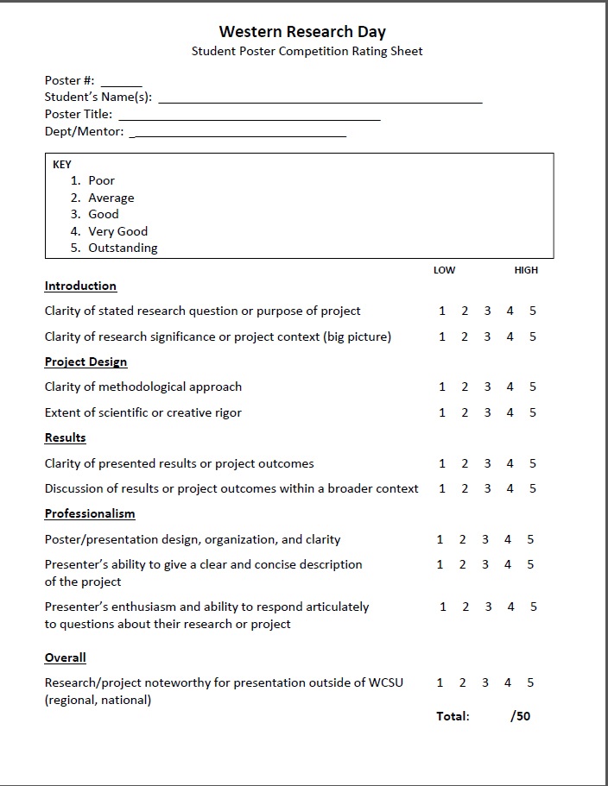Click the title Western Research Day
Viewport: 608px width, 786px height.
(x=301, y=32)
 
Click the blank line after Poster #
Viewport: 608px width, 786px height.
(x=125, y=85)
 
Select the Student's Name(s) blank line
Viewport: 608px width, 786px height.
(x=320, y=101)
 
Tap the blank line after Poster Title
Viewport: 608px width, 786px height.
(x=249, y=118)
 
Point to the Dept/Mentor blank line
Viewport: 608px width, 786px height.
(x=240, y=135)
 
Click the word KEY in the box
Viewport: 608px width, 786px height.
(x=62, y=164)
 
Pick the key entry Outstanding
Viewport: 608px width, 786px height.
(x=123, y=248)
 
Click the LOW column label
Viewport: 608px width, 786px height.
(x=444, y=270)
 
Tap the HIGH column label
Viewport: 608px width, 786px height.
(x=526, y=270)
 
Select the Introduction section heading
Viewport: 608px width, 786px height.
(x=80, y=286)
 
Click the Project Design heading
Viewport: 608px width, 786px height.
(x=85, y=362)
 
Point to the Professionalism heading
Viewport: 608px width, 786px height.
(x=90, y=513)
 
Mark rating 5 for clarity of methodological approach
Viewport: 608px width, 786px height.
(x=533, y=387)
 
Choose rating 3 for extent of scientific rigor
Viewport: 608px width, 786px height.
(x=487, y=412)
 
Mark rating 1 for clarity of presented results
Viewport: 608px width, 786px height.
(x=442, y=463)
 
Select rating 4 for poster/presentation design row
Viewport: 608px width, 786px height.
(x=508, y=539)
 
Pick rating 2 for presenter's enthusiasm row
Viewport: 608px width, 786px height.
(x=465, y=607)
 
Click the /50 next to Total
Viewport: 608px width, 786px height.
(x=521, y=716)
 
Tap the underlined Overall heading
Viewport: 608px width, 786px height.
(x=66, y=657)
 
